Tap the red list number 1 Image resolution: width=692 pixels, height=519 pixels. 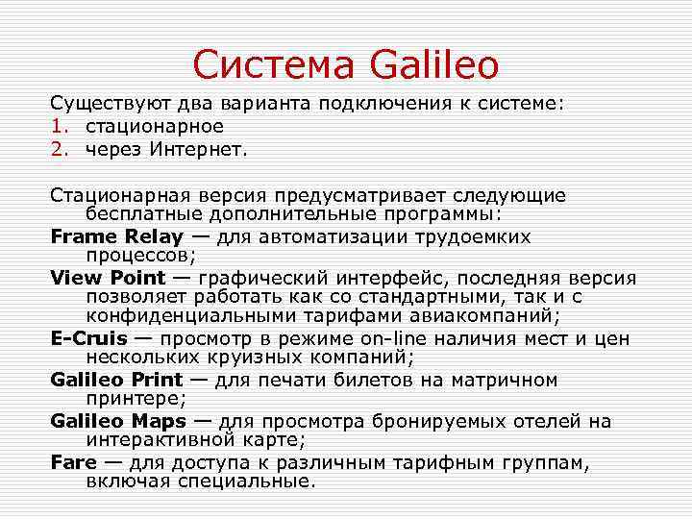(x=57, y=126)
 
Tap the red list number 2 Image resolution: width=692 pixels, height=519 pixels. (x=57, y=149)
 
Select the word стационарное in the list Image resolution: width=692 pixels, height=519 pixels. (x=154, y=126)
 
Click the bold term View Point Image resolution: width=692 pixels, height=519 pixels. (x=108, y=278)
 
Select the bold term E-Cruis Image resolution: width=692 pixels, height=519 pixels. (x=90, y=338)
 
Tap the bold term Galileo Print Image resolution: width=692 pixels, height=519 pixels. (x=116, y=380)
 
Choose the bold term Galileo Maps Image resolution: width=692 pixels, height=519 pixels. (x=116, y=421)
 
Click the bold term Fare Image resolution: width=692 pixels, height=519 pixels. (x=73, y=462)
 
